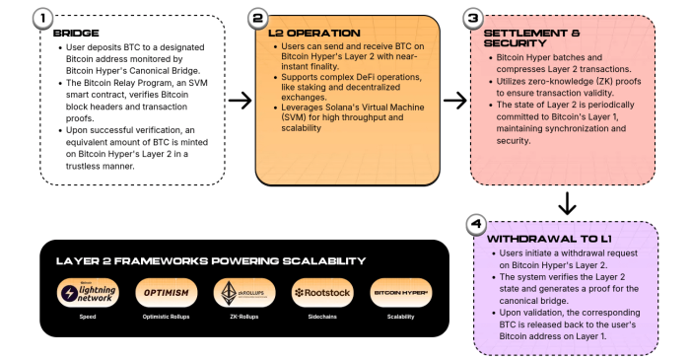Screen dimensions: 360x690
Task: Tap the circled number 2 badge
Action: point(258,18)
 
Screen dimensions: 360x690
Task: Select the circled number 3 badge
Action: point(473,18)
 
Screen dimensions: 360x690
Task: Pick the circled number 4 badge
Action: point(476,224)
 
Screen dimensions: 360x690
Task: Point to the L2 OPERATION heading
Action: point(310,33)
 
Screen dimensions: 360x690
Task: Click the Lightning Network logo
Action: point(85,293)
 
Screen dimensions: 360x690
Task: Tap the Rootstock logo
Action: point(321,293)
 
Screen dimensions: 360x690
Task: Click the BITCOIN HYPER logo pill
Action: point(400,293)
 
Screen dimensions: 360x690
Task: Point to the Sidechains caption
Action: point(321,318)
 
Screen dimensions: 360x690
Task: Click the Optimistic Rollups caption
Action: point(166,318)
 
